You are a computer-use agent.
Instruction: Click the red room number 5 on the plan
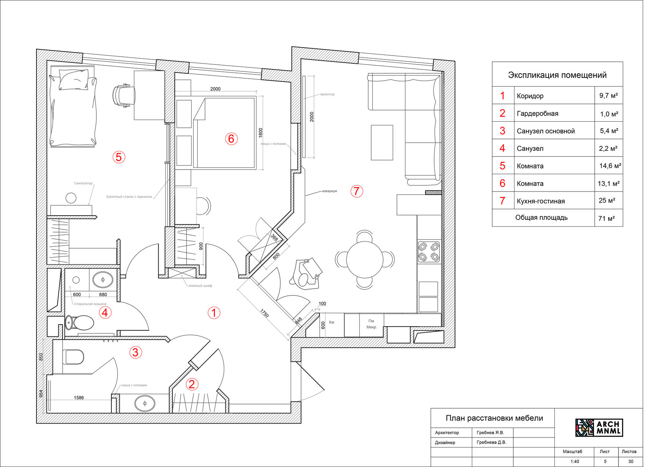point(119,157)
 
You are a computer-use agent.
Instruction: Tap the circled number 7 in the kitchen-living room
point(357,191)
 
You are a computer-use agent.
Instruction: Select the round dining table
point(364,259)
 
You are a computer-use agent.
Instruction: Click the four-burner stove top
point(428,252)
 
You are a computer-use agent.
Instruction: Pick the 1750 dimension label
point(265,313)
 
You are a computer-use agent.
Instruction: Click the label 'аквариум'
point(329,191)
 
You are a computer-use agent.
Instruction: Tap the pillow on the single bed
point(73,79)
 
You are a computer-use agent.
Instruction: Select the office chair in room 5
point(124,96)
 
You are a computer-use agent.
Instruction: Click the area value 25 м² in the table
point(607,201)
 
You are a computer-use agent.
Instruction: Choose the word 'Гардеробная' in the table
point(537,114)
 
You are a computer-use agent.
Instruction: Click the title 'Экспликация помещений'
point(557,75)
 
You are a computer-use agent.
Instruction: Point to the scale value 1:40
point(574,462)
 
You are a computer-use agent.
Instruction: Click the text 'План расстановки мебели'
point(494,418)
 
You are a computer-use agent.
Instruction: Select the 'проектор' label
point(327,94)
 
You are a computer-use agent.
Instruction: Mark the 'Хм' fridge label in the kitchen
point(331,322)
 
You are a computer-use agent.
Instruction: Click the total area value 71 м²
point(606,218)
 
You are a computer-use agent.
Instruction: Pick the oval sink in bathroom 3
point(145,403)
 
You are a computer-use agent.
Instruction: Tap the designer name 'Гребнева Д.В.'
point(491,442)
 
